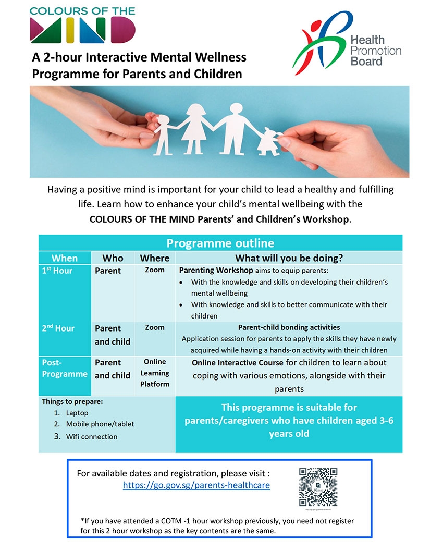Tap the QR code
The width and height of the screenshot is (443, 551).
click(318, 487)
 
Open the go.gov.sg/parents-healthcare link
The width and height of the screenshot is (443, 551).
click(196, 485)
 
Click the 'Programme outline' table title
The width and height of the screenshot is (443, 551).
click(220, 243)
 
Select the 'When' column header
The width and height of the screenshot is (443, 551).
click(65, 258)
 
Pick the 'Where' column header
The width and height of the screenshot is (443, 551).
click(155, 258)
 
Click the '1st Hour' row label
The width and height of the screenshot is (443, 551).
click(57, 271)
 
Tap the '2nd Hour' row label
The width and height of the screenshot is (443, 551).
click(58, 328)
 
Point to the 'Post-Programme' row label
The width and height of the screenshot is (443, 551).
click(65, 368)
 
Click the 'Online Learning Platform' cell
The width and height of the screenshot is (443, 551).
click(155, 373)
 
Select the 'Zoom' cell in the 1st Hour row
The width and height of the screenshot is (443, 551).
click(155, 270)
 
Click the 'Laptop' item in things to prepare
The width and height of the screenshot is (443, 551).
click(77, 413)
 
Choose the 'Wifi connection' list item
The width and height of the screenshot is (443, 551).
click(92, 437)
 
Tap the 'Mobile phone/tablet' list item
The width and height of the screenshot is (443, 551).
click(100, 424)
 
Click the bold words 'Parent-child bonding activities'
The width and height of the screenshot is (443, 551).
click(289, 328)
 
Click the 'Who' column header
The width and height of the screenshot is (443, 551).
click(113, 258)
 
